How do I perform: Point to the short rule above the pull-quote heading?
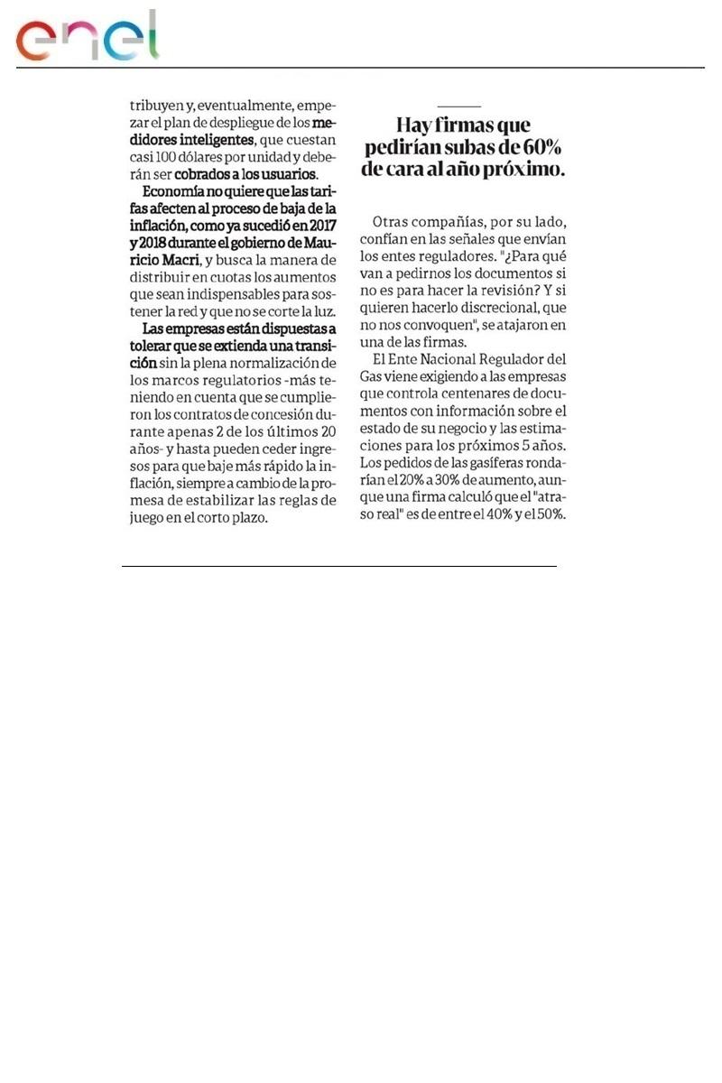click(x=458, y=106)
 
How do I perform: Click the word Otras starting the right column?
click(x=394, y=221)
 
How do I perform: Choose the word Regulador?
click(x=512, y=358)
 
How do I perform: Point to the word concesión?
click(x=278, y=414)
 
